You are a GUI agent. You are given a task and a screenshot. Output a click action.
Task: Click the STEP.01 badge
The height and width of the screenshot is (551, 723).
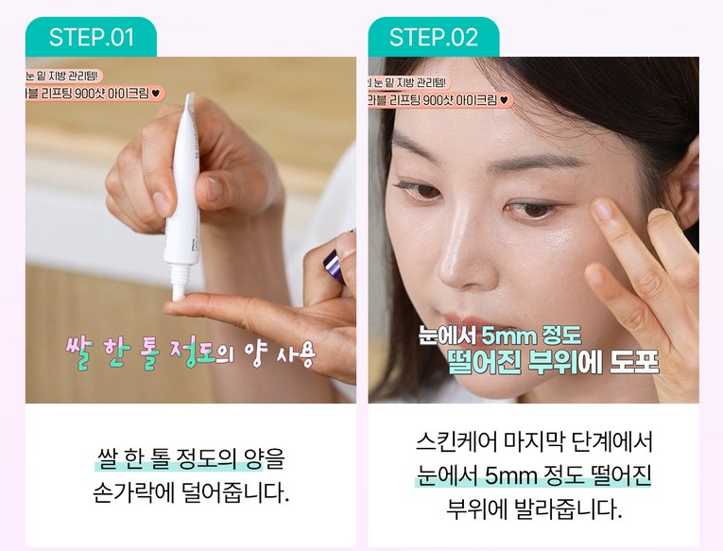[x=92, y=38]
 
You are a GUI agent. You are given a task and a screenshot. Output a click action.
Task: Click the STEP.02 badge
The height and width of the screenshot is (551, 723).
[x=434, y=38]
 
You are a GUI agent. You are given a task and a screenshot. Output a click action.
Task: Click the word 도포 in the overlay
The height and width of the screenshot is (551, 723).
[x=632, y=364]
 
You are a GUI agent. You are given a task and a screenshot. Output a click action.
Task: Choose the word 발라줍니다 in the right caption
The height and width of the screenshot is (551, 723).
[x=565, y=509]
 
